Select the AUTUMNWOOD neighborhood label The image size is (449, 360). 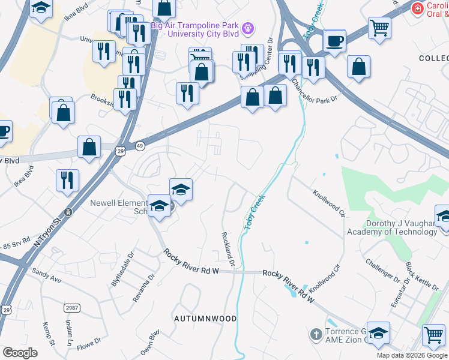point(205,318)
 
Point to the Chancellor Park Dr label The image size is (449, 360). point(315,91)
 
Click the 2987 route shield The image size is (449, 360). point(71,307)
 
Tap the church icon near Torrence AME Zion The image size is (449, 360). point(316,334)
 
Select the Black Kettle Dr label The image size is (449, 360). point(414,277)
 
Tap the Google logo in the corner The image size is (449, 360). point(20,353)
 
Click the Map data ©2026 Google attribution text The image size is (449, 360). point(412,355)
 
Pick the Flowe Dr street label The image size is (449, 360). point(89,344)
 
